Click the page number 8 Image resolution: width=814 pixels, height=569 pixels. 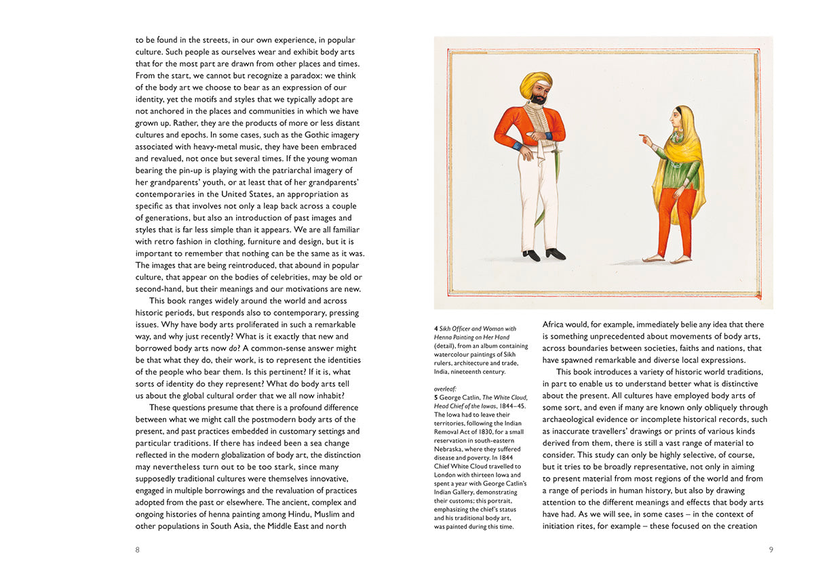[138, 549]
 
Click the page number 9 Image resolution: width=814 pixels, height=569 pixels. [771, 549]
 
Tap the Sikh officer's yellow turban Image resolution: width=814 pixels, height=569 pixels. [535, 85]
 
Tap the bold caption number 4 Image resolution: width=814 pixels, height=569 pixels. [436, 329]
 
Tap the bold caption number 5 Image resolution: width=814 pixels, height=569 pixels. [436, 398]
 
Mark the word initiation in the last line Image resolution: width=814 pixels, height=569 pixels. [561, 526]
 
